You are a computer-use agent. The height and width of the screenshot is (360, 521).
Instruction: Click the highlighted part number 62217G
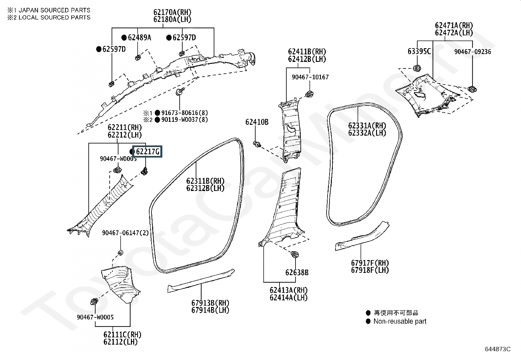(x=148, y=152)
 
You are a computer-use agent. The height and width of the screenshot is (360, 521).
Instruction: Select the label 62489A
(x=139, y=37)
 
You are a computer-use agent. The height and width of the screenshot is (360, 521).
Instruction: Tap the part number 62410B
(x=257, y=122)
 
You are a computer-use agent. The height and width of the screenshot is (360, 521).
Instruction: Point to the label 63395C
(x=419, y=51)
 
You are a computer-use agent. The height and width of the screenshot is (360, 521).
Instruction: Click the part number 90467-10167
(x=310, y=77)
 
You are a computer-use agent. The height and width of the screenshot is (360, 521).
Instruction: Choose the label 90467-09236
(x=473, y=52)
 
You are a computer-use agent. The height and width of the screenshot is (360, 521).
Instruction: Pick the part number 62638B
(x=297, y=273)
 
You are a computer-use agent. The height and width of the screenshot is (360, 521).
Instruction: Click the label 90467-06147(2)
(x=125, y=233)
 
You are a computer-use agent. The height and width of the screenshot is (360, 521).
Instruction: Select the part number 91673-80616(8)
(x=185, y=113)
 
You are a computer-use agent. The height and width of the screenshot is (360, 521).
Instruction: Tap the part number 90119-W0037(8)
(x=185, y=120)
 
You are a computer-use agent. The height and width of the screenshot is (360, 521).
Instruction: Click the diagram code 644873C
(x=498, y=349)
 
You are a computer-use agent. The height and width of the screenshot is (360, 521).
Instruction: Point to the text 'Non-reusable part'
(x=400, y=321)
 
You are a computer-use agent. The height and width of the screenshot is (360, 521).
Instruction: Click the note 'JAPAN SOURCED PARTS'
(x=54, y=10)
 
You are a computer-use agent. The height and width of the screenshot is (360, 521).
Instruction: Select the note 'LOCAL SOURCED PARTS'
(x=54, y=17)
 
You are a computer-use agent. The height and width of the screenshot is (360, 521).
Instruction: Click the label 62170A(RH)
(x=172, y=12)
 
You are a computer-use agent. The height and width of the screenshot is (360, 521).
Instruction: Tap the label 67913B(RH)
(x=210, y=303)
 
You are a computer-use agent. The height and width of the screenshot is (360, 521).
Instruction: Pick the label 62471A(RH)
(x=454, y=25)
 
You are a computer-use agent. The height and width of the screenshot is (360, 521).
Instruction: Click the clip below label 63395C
(x=417, y=68)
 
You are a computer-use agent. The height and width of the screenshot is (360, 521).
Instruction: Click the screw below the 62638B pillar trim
(x=295, y=254)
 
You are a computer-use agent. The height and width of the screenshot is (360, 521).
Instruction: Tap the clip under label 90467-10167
(x=309, y=94)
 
